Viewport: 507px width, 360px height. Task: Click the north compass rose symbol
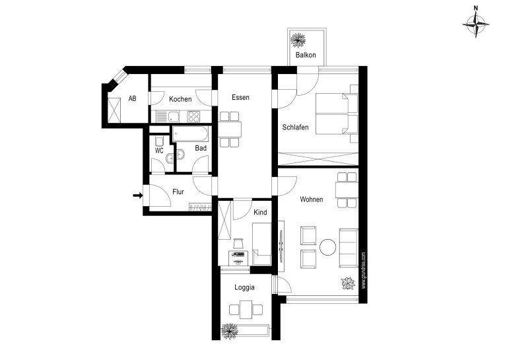475,24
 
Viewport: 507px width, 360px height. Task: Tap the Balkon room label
306,55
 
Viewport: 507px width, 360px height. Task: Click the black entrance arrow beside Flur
138,196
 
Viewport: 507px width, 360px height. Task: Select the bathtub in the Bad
190,134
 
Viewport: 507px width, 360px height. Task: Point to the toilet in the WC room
159,141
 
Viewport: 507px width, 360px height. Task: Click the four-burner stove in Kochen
193,116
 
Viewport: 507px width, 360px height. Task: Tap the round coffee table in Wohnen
328,247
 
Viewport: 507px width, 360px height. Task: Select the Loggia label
244,287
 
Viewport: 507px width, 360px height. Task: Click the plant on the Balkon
298,40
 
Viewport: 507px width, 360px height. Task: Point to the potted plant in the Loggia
230,331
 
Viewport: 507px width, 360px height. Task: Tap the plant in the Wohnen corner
349,283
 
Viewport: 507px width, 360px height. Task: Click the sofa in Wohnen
349,248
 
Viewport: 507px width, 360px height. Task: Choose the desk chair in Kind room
238,243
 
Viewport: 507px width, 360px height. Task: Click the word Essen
240,97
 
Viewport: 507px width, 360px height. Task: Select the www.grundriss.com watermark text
364,270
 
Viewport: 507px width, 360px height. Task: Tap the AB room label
132,98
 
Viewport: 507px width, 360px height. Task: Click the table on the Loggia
246,310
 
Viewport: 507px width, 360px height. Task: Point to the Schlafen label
295,127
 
